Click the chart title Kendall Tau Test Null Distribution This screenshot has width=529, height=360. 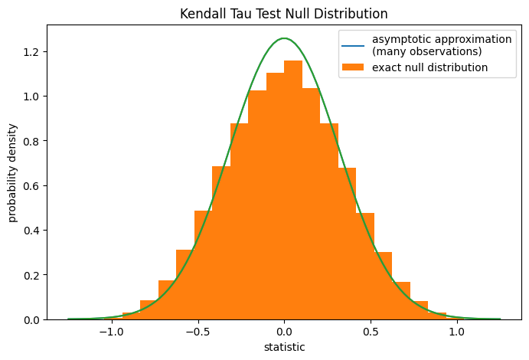pyautogui.click(x=283, y=14)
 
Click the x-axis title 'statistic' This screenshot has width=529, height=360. pyautogui.click(x=284, y=347)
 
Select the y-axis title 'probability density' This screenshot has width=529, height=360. pyautogui.click(x=13, y=173)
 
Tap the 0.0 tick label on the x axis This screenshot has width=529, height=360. pyautogui.click(x=284, y=333)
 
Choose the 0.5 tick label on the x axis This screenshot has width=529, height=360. pyautogui.click(x=371, y=333)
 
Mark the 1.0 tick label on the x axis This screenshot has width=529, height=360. pyautogui.click(x=457, y=333)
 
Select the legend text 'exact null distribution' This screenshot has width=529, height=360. pyautogui.click(x=429, y=67)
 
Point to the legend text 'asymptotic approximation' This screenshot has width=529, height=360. pyautogui.click(x=442, y=39)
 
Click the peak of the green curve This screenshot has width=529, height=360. pyautogui.click(x=284, y=38)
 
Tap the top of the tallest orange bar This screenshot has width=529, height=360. pyautogui.click(x=292, y=61)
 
